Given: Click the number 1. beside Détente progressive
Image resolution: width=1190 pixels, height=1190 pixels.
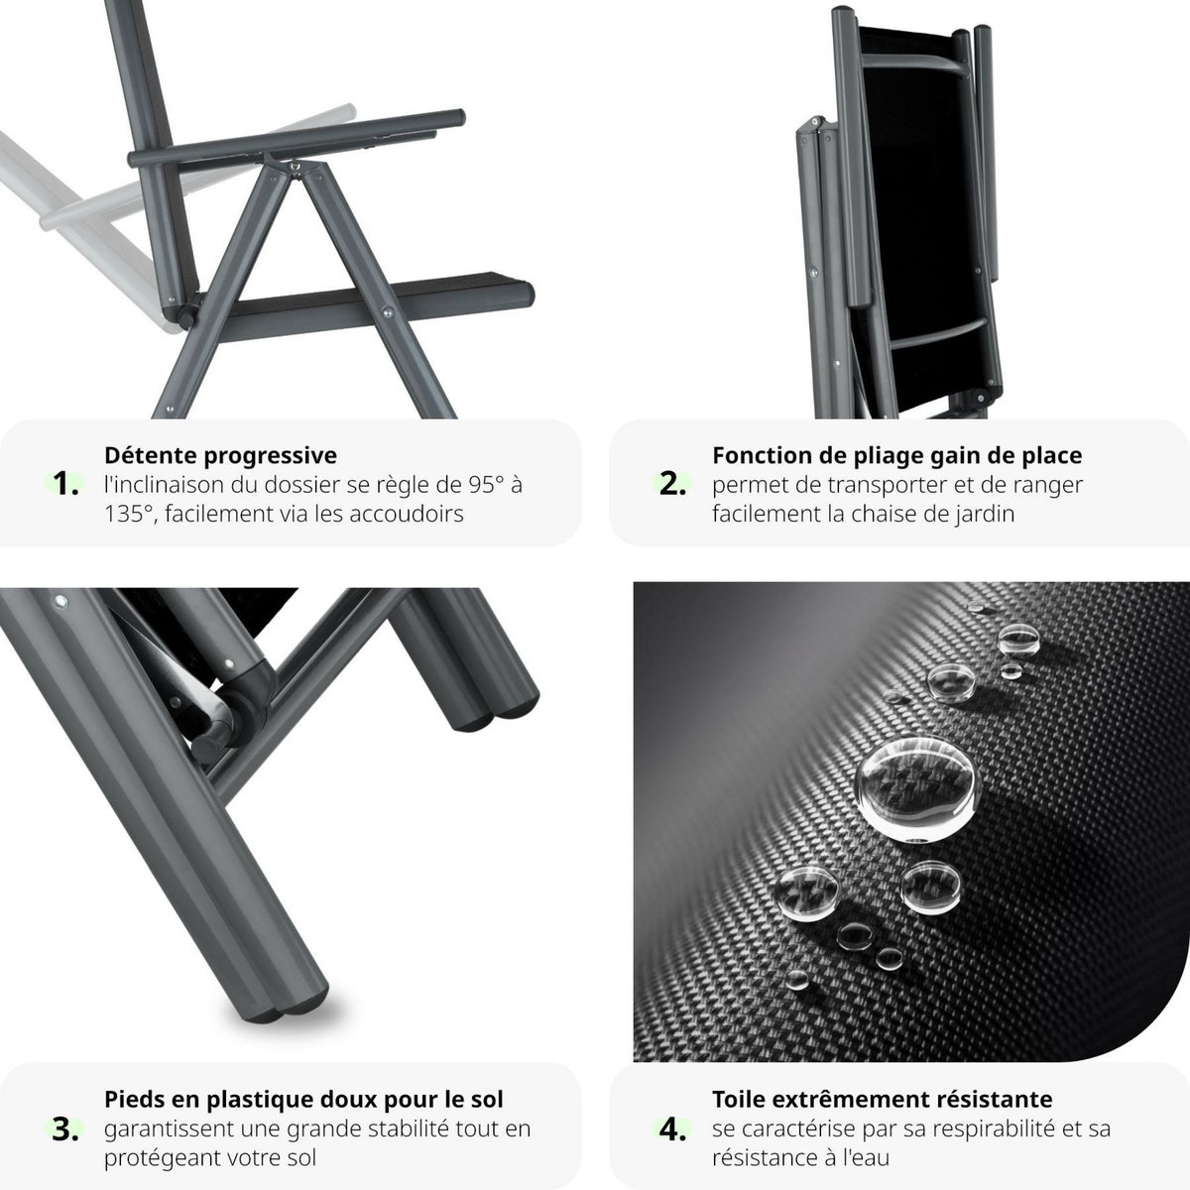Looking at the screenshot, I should tap(66, 485).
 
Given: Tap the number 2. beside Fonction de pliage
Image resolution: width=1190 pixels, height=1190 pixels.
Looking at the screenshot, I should tap(673, 485).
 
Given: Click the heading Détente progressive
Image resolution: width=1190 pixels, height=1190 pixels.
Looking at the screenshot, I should tap(220, 455).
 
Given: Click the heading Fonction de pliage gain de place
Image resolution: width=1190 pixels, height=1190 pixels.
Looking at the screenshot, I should tap(896, 455).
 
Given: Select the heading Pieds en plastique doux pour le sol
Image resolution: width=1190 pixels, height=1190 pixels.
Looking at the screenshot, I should tap(303, 1099).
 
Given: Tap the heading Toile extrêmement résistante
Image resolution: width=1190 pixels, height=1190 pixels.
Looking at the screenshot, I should tap(882, 1099).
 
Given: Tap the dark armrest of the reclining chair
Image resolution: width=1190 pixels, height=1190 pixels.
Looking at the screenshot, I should tap(297, 139).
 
